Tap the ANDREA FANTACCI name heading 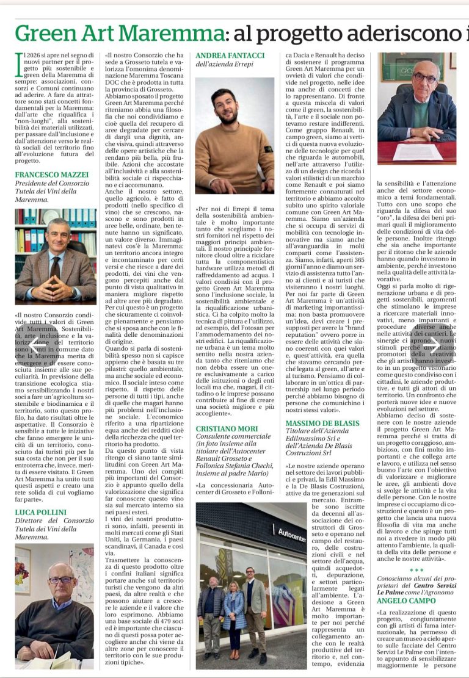point(230,56)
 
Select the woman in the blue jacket point(234,610)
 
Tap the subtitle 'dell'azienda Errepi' point(224,65)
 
